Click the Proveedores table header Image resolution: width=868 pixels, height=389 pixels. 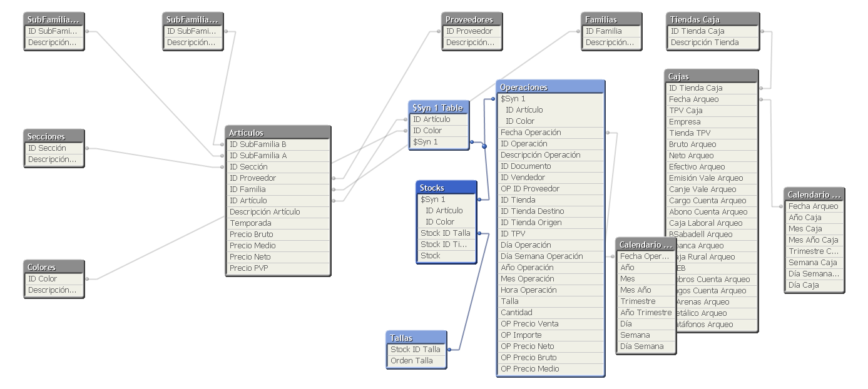click(471, 19)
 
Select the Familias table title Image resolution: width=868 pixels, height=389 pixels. click(611, 19)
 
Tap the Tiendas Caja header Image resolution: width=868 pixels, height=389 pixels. click(712, 19)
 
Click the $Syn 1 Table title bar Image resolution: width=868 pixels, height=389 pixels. click(438, 108)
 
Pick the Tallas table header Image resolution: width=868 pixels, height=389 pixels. click(416, 338)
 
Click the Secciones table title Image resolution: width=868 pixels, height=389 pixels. click(54, 136)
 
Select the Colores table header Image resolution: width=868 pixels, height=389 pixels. click(54, 267)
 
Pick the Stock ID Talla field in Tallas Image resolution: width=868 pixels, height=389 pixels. click(416, 350)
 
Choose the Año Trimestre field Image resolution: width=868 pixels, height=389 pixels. click(646, 313)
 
